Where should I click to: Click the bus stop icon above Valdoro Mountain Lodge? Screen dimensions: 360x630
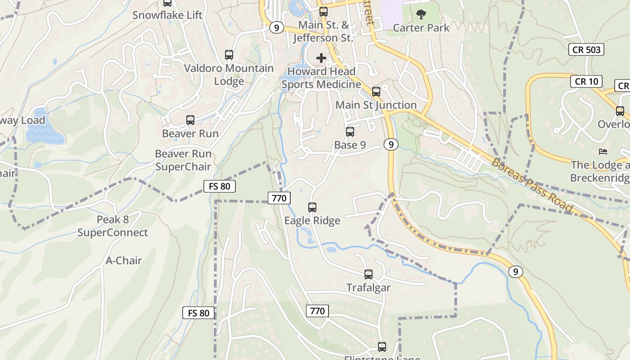pyautogui.click(x=229, y=55)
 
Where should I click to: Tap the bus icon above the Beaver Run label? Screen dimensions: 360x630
pyautogui.click(x=190, y=120)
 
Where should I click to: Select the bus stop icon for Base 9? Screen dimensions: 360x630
pyautogui.click(x=350, y=132)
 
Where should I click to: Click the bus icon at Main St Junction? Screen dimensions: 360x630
pyautogui.click(x=376, y=92)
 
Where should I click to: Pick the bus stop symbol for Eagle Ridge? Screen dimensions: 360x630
pyautogui.click(x=312, y=207)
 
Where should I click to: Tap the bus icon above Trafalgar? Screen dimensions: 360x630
pyautogui.click(x=369, y=274)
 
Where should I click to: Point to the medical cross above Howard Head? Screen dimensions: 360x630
pyautogui.click(x=321, y=58)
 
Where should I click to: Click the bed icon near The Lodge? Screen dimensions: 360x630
pyautogui.click(x=603, y=151)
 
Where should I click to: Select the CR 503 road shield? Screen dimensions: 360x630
pyautogui.click(x=586, y=49)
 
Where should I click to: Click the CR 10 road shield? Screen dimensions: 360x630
pyautogui.click(x=586, y=81)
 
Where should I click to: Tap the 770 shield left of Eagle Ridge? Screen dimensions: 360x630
pyautogui.click(x=279, y=198)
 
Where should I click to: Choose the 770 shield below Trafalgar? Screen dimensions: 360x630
pyautogui.click(x=317, y=311)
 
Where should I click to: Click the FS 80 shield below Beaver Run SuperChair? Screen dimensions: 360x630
pyautogui.click(x=220, y=186)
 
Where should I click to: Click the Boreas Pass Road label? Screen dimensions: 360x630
pyautogui.click(x=532, y=185)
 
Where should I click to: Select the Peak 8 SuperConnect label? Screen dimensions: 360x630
pyautogui.click(x=112, y=226)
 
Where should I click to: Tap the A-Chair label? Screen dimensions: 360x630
pyautogui.click(x=124, y=261)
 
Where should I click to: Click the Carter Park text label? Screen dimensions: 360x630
pyautogui.click(x=421, y=28)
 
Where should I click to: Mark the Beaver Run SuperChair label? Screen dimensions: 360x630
pyautogui.click(x=183, y=160)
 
